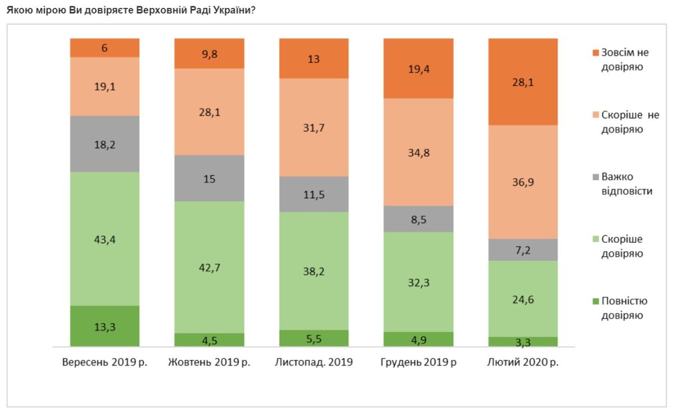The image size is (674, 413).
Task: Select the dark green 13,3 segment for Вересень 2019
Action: pyautogui.click(x=104, y=326)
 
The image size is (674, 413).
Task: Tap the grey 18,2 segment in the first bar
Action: pyautogui.click(x=104, y=144)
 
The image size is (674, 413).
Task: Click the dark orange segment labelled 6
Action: pyautogui.click(x=104, y=48)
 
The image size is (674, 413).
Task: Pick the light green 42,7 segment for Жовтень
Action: pyautogui.click(x=209, y=267)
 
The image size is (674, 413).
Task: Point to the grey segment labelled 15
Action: pyautogui.click(x=209, y=178)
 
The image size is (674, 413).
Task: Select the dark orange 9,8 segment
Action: pyautogui.click(x=209, y=53)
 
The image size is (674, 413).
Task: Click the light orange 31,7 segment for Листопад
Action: pyautogui.click(x=313, y=128)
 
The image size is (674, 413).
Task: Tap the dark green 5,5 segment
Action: pyautogui.click(x=313, y=338)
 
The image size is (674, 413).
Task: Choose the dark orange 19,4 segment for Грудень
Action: pyautogui.click(x=418, y=69)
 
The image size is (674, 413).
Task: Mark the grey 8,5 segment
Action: pyautogui.click(x=418, y=219)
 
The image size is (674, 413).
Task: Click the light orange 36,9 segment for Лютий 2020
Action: pyautogui.click(x=523, y=182)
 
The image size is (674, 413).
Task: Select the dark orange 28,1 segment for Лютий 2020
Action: pyautogui.click(x=523, y=82)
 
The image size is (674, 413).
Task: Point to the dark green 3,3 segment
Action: pyautogui.click(x=523, y=342)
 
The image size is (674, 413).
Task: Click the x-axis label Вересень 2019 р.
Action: pyautogui.click(x=104, y=362)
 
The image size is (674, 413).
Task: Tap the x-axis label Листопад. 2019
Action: pyautogui.click(x=313, y=362)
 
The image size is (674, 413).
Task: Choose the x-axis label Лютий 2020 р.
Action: pyautogui.click(x=523, y=362)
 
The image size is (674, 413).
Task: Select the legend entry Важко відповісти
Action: pyautogui.click(x=618, y=184)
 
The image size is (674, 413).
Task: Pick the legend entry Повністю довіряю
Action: pyautogui.click(x=618, y=308)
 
